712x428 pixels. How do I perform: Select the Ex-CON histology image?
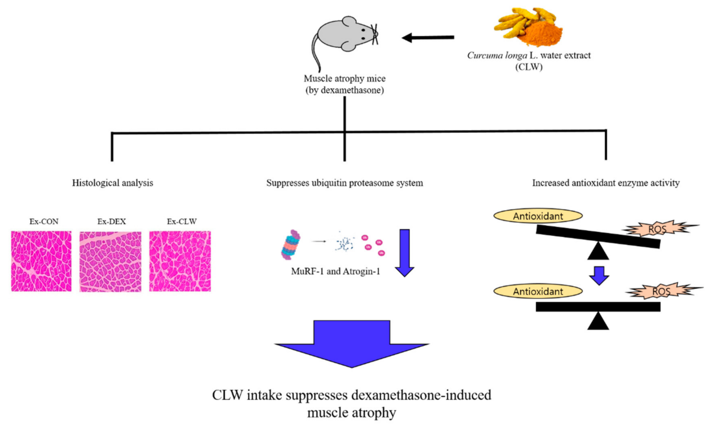click(41, 261)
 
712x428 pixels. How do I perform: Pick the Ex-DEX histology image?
click(110, 262)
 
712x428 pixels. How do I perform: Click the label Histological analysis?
click(112, 183)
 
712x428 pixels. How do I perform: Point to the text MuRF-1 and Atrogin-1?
click(335, 271)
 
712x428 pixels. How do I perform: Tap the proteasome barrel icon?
click(291, 245)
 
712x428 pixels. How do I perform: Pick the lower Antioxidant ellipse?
click(538, 291)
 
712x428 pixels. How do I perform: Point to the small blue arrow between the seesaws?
click(599, 275)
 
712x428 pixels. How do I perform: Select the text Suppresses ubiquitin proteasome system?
click(345, 183)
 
